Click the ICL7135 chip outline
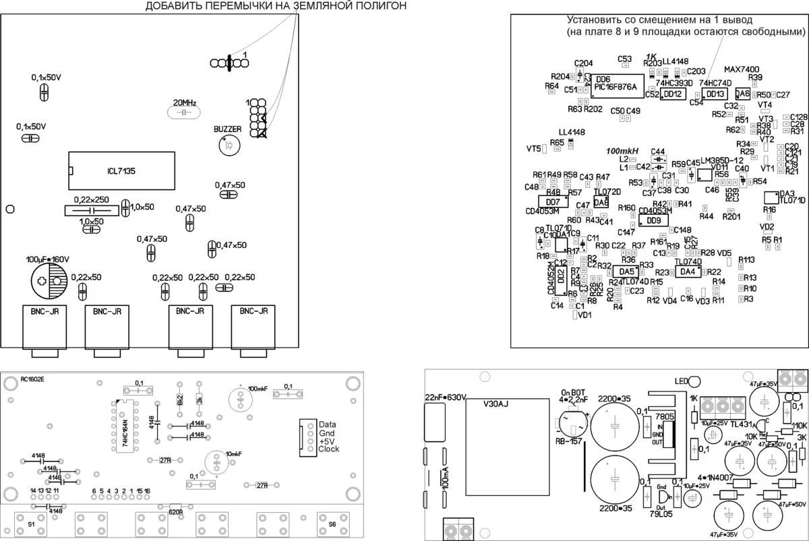(x=121, y=172)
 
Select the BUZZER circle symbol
(x=229, y=146)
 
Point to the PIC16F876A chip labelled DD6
(x=616, y=86)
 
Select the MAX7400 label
(x=742, y=69)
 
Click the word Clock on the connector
(x=329, y=449)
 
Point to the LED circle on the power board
(x=695, y=383)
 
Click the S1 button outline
(x=32, y=524)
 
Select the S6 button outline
(x=333, y=524)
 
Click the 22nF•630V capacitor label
(x=445, y=397)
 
